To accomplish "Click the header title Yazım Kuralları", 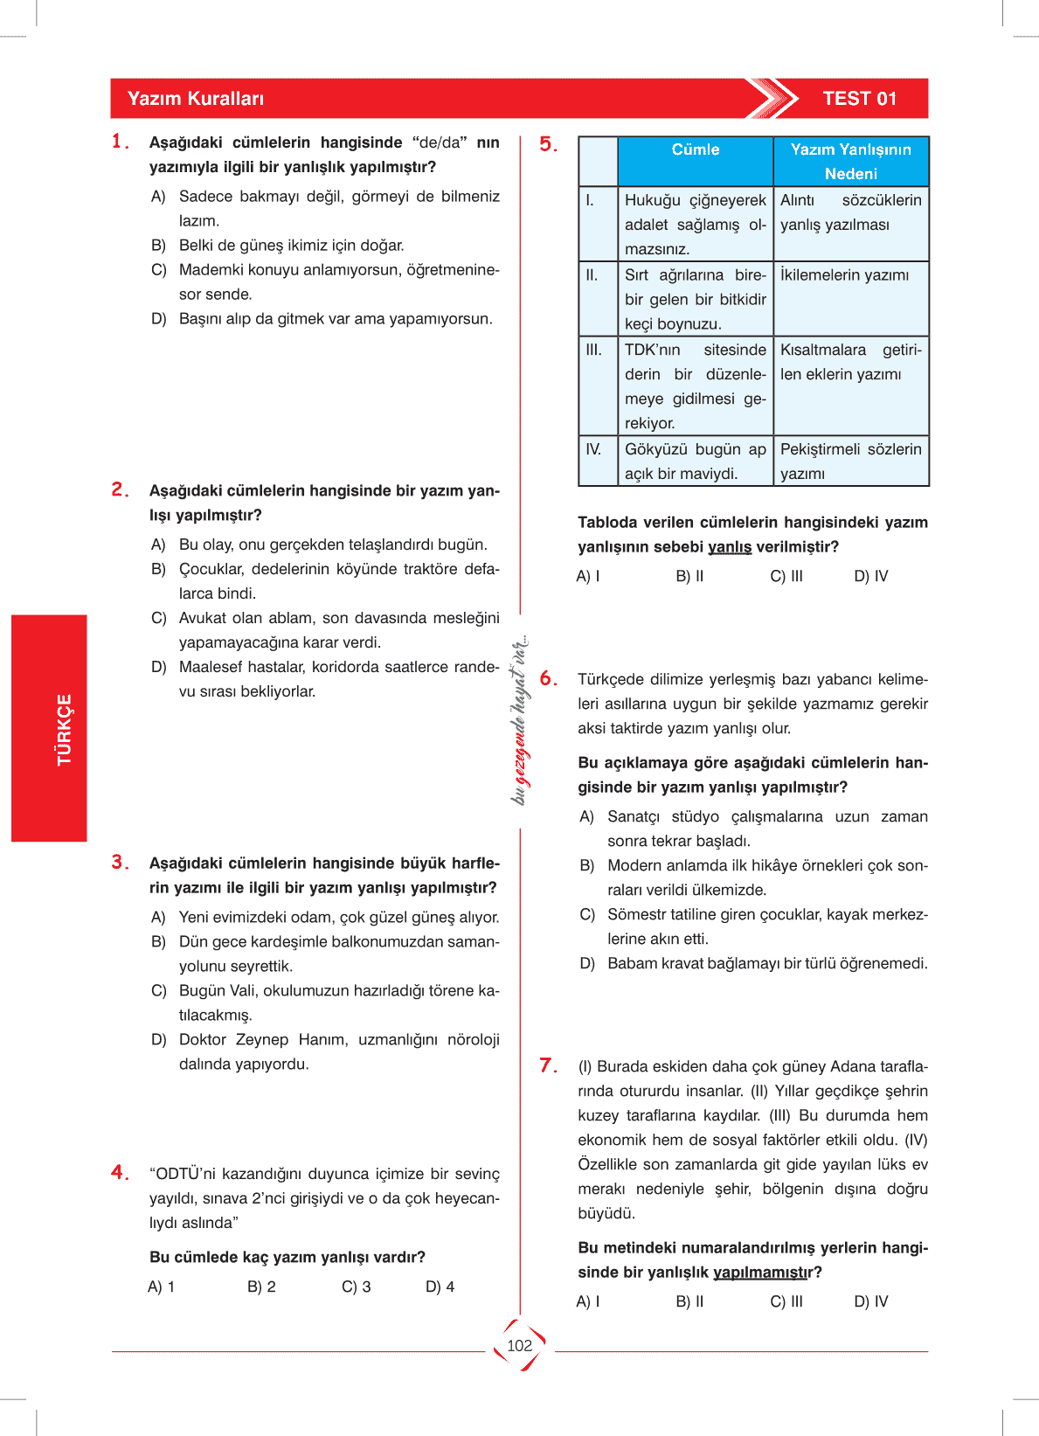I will (196, 99).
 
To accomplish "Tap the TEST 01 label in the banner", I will (859, 99).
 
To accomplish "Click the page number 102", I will (519, 1346).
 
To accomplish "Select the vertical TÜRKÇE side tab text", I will (65, 730).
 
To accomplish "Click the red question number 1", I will (120, 142).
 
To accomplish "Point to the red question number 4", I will (120, 1173).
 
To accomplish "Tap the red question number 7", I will (548, 1065).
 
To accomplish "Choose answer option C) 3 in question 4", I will (356, 1287).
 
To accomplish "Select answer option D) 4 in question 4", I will (440, 1287).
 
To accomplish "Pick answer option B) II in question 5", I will (689, 576).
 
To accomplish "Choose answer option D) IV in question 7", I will (870, 1301).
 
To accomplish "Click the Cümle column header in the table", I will (696, 149).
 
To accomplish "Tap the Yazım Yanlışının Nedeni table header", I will (850, 162).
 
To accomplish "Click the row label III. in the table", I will (594, 350).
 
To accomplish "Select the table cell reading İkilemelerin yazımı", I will (844, 275).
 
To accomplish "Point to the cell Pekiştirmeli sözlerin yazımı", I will (850, 461).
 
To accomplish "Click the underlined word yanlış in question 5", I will (730, 547).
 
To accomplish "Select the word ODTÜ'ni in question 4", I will (183, 1174).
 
